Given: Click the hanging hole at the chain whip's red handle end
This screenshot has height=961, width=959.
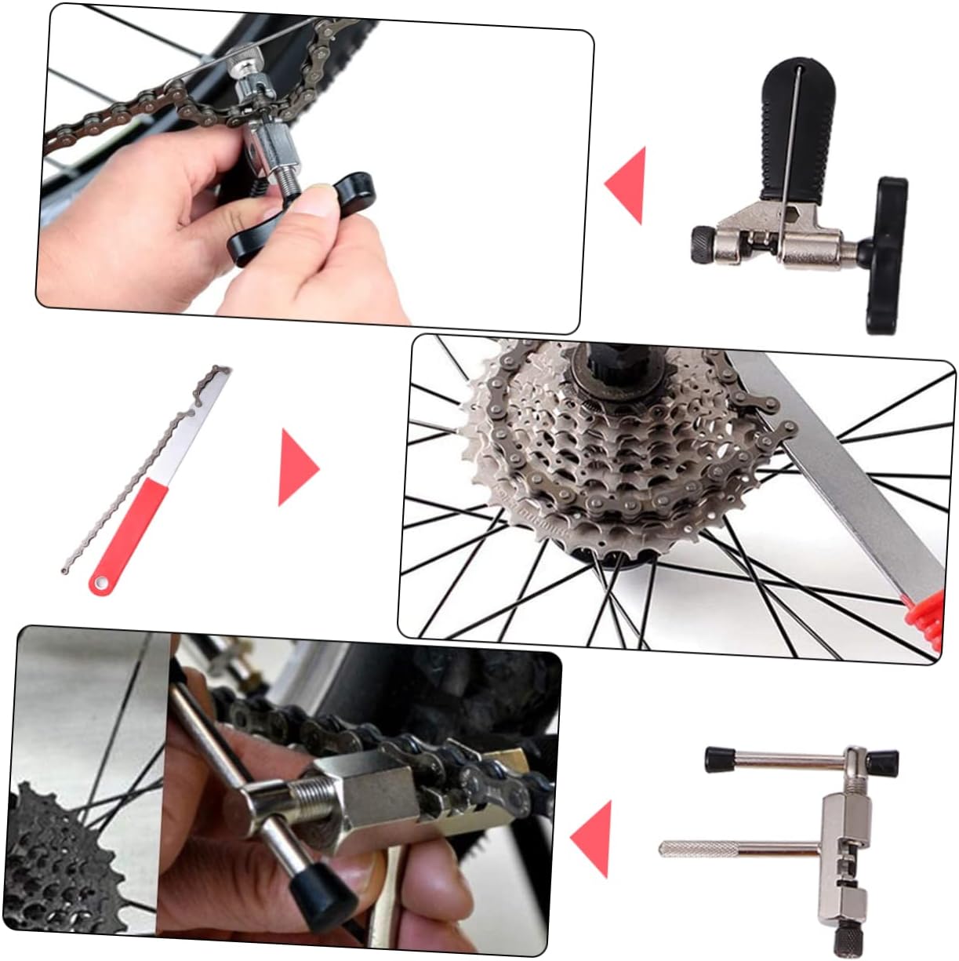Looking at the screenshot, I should pos(99,584).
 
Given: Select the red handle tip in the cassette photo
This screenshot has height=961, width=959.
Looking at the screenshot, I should pos(925,612).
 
